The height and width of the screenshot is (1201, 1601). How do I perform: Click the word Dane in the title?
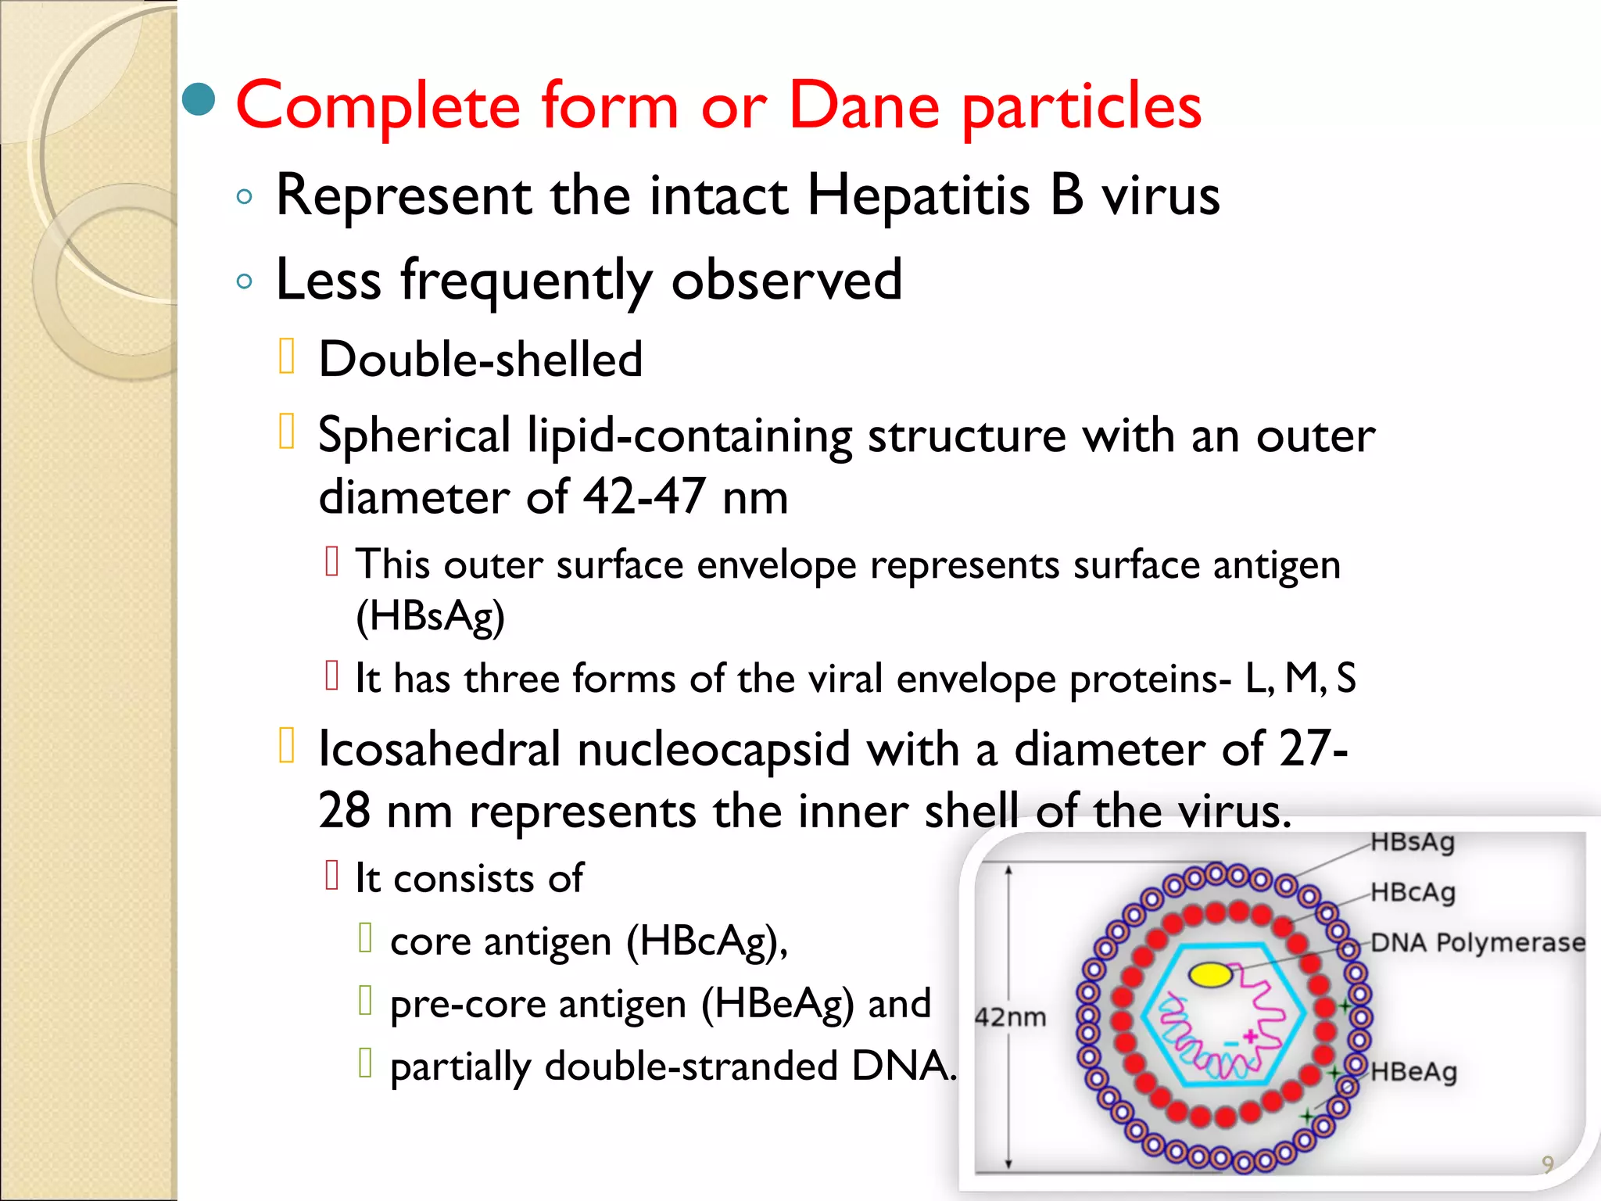(863, 106)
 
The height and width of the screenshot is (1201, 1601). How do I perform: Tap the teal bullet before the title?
(199, 99)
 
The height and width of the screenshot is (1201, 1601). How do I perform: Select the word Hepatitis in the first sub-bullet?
(918, 195)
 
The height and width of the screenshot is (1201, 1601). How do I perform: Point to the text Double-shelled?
(480, 360)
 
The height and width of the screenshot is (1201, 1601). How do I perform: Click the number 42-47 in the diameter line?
(643, 497)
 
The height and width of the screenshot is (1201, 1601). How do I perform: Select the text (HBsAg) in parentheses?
(430, 616)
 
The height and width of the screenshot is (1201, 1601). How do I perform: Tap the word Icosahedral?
(439, 749)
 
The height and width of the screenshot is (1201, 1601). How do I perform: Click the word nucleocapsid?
(712, 749)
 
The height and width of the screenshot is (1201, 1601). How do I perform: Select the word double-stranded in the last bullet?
(691, 1067)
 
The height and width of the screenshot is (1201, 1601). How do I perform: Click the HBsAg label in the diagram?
(1413, 843)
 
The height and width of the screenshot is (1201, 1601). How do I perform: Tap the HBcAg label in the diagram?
(1413, 892)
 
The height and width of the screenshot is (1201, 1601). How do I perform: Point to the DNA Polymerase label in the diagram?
(1477, 942)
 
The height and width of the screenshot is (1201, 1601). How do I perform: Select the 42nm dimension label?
(1010, 1017)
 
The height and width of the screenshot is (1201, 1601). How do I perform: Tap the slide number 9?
(1547, 1163)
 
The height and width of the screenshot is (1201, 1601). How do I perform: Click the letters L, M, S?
(1300, 678)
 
